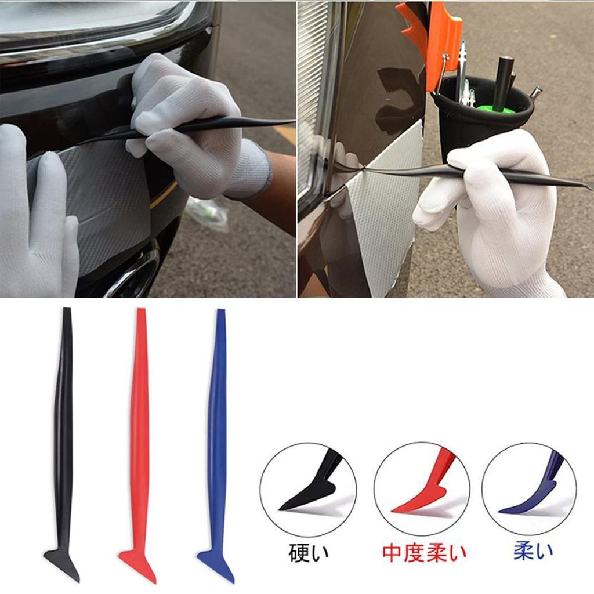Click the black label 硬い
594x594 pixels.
click(309, 552)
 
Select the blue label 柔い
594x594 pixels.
click(533, 551)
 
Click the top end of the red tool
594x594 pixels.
click(140, 312)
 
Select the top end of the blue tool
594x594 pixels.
click(220, 312)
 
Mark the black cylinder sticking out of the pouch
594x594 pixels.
click(503, 81)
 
